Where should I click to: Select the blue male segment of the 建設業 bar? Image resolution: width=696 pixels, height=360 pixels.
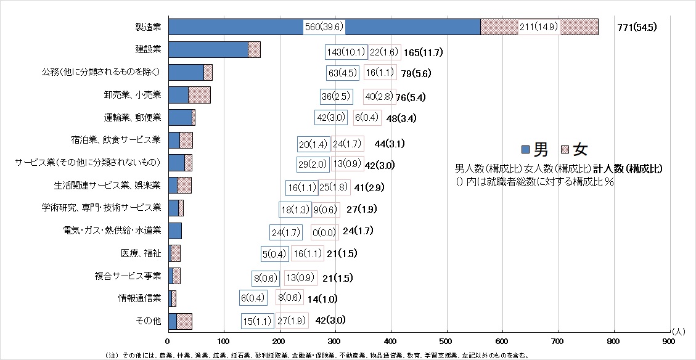click(x=208, y=50)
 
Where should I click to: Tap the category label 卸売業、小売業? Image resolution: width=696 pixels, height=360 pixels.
click(x=132, y=95)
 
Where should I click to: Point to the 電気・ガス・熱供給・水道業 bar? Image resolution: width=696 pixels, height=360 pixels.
click(x=174, y=231)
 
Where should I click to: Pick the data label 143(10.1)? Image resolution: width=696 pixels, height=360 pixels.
click(x=346, y=52)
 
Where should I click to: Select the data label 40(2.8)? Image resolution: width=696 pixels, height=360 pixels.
click(x=379, y=97)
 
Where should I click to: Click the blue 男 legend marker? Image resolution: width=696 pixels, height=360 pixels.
click(x=525, y=149)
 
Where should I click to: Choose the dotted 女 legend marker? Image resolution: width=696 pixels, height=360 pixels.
click(x=565, y=149)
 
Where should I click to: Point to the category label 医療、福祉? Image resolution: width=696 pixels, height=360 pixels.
click(x=141, y=253)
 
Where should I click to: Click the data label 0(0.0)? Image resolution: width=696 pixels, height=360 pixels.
click(x=324, y=232)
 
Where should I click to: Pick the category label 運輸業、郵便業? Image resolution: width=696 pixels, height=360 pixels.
click(x=132, y=117)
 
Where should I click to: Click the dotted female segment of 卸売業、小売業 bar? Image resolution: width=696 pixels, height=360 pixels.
click(x=199, y=95)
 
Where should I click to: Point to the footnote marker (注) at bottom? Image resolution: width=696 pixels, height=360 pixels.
click(x=111, y=355)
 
